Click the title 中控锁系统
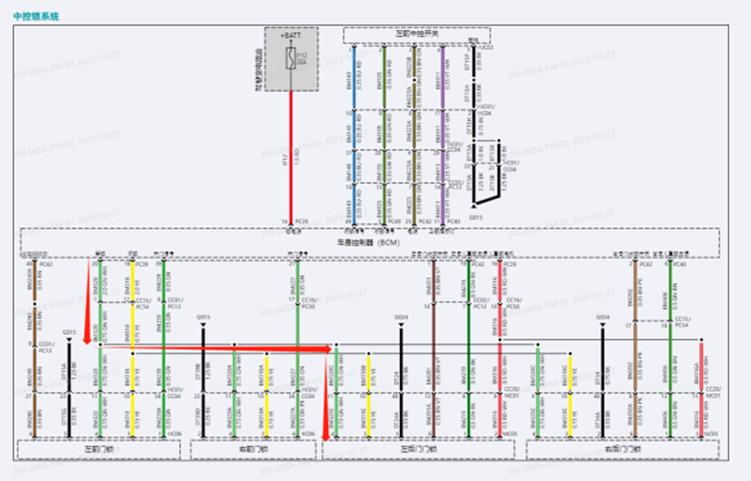pos(36,15)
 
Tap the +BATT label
pos(291,35)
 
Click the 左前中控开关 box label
pos(416,34)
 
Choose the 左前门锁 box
pos(99,450)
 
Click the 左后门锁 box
pos(418,450)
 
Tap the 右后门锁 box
pos(621,450)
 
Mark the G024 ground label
pos(401,317)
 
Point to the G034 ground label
pos(602,317)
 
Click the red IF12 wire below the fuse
pos(291,153)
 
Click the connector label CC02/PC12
pos(481,304)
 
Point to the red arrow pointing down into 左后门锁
pos(325,429)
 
